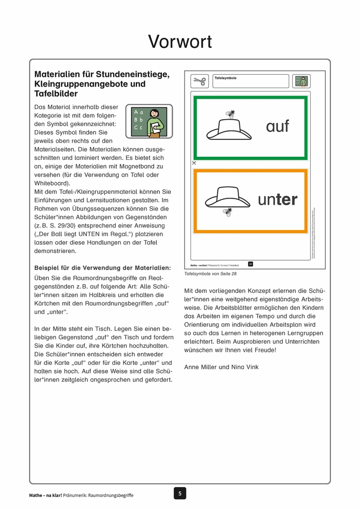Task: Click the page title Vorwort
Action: tap(180, 42)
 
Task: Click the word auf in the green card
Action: tap(278, 126)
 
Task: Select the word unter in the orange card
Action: tap(278, 200)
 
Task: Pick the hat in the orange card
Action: tap(227, 196)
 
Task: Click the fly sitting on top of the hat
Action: tap(230, 115)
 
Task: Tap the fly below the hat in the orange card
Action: tap(227, 212)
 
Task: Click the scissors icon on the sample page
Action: tap(199, 81)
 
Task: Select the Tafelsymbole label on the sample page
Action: tap(226, 78)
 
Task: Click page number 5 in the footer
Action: tap(179, 493)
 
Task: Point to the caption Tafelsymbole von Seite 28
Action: tap(210, 274)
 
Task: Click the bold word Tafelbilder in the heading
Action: tap(56, 94)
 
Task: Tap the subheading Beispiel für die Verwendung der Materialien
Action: tap(102, 267)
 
